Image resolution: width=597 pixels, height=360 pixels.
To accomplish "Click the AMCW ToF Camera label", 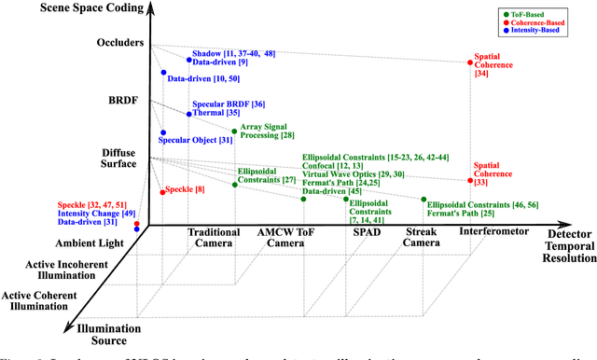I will click(x=282, y=238).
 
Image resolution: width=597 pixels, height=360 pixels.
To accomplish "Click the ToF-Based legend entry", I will click(x=548, y=13).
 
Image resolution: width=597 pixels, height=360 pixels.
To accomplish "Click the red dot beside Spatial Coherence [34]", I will click(x=469, y=63).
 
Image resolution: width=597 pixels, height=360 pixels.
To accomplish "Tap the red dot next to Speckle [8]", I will click(x=162, y=191).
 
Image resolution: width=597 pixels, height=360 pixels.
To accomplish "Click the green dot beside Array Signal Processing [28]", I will click(x=234, y=132).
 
